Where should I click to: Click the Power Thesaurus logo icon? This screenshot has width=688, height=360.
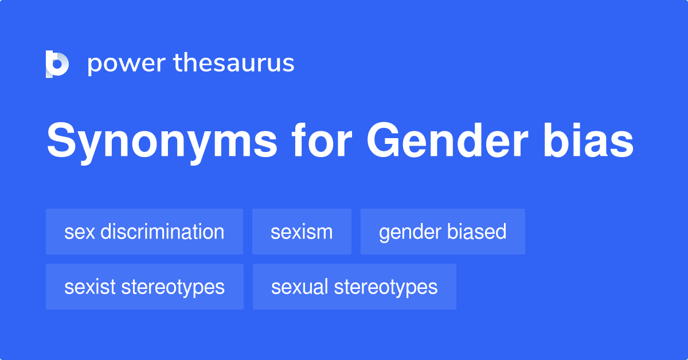pos(57,64)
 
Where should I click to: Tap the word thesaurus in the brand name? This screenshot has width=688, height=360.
pos(234,63)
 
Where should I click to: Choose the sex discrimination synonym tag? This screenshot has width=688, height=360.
pos(144,232)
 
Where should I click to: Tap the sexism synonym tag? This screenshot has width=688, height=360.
pos(302,232)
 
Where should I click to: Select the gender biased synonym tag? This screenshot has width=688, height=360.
pos(443,232)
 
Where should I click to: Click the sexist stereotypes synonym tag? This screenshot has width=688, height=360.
pos(144,287)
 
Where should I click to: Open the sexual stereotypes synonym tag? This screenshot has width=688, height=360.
pos(354,287)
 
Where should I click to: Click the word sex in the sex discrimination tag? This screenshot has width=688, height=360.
pos(76,232)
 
